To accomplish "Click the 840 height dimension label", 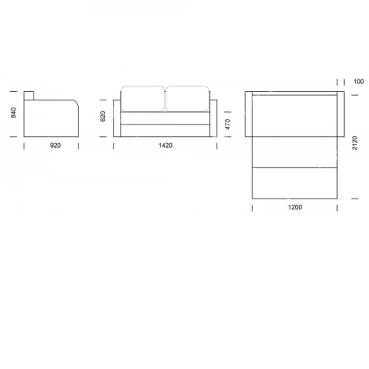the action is pyautogui.click(x=13, y=113).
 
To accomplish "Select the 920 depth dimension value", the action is pyautogui.click(x=55, y=146).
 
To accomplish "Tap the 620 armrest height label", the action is pyautogui.click(x=103, y=116).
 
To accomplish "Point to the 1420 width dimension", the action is pyautogui.click(x=166, y=146).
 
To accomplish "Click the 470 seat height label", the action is pyautogui.click(x=227, y=125).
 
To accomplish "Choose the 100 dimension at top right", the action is pyautogui.click(x=358, y=82).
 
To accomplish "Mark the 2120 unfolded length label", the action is pyautogui.click(x=355, y=143).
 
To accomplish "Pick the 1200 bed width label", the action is pyautogui.click(x=295, y=207).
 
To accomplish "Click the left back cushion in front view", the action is pyautogui.click(x=142, y=99).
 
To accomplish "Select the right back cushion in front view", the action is pyautogui.click(x=188, y=99).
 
